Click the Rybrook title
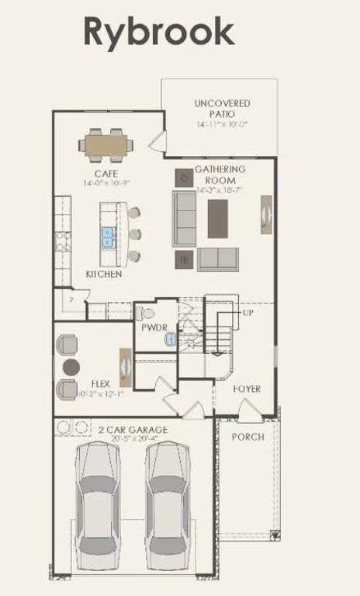158,32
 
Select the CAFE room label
106,173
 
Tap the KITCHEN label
103,275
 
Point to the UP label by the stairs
248,312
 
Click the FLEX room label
100,383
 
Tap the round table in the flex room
71,366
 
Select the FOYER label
247,389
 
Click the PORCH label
247,437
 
